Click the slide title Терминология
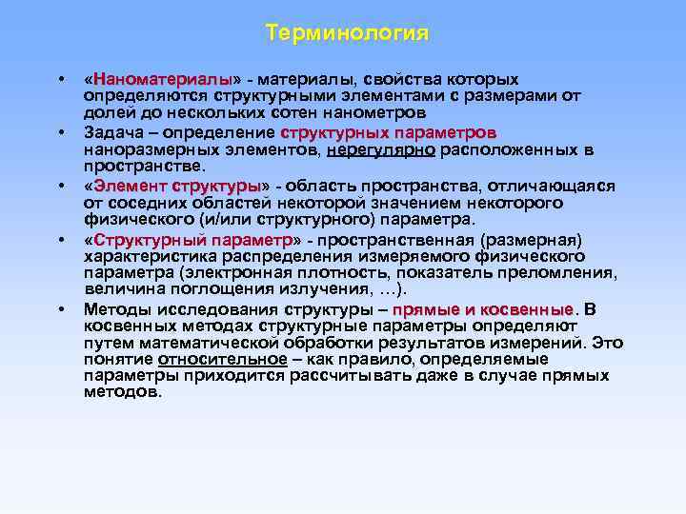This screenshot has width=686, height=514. coord(348,33)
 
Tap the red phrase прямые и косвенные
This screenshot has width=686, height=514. coord(483,310)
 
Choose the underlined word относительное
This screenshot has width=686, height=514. coord(223,359)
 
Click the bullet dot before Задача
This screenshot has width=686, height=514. coord(61,131)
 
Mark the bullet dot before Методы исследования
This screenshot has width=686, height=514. coord(61,310)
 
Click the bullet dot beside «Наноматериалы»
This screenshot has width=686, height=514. coord(61,78)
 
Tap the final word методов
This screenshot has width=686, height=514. coord(123,391)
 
